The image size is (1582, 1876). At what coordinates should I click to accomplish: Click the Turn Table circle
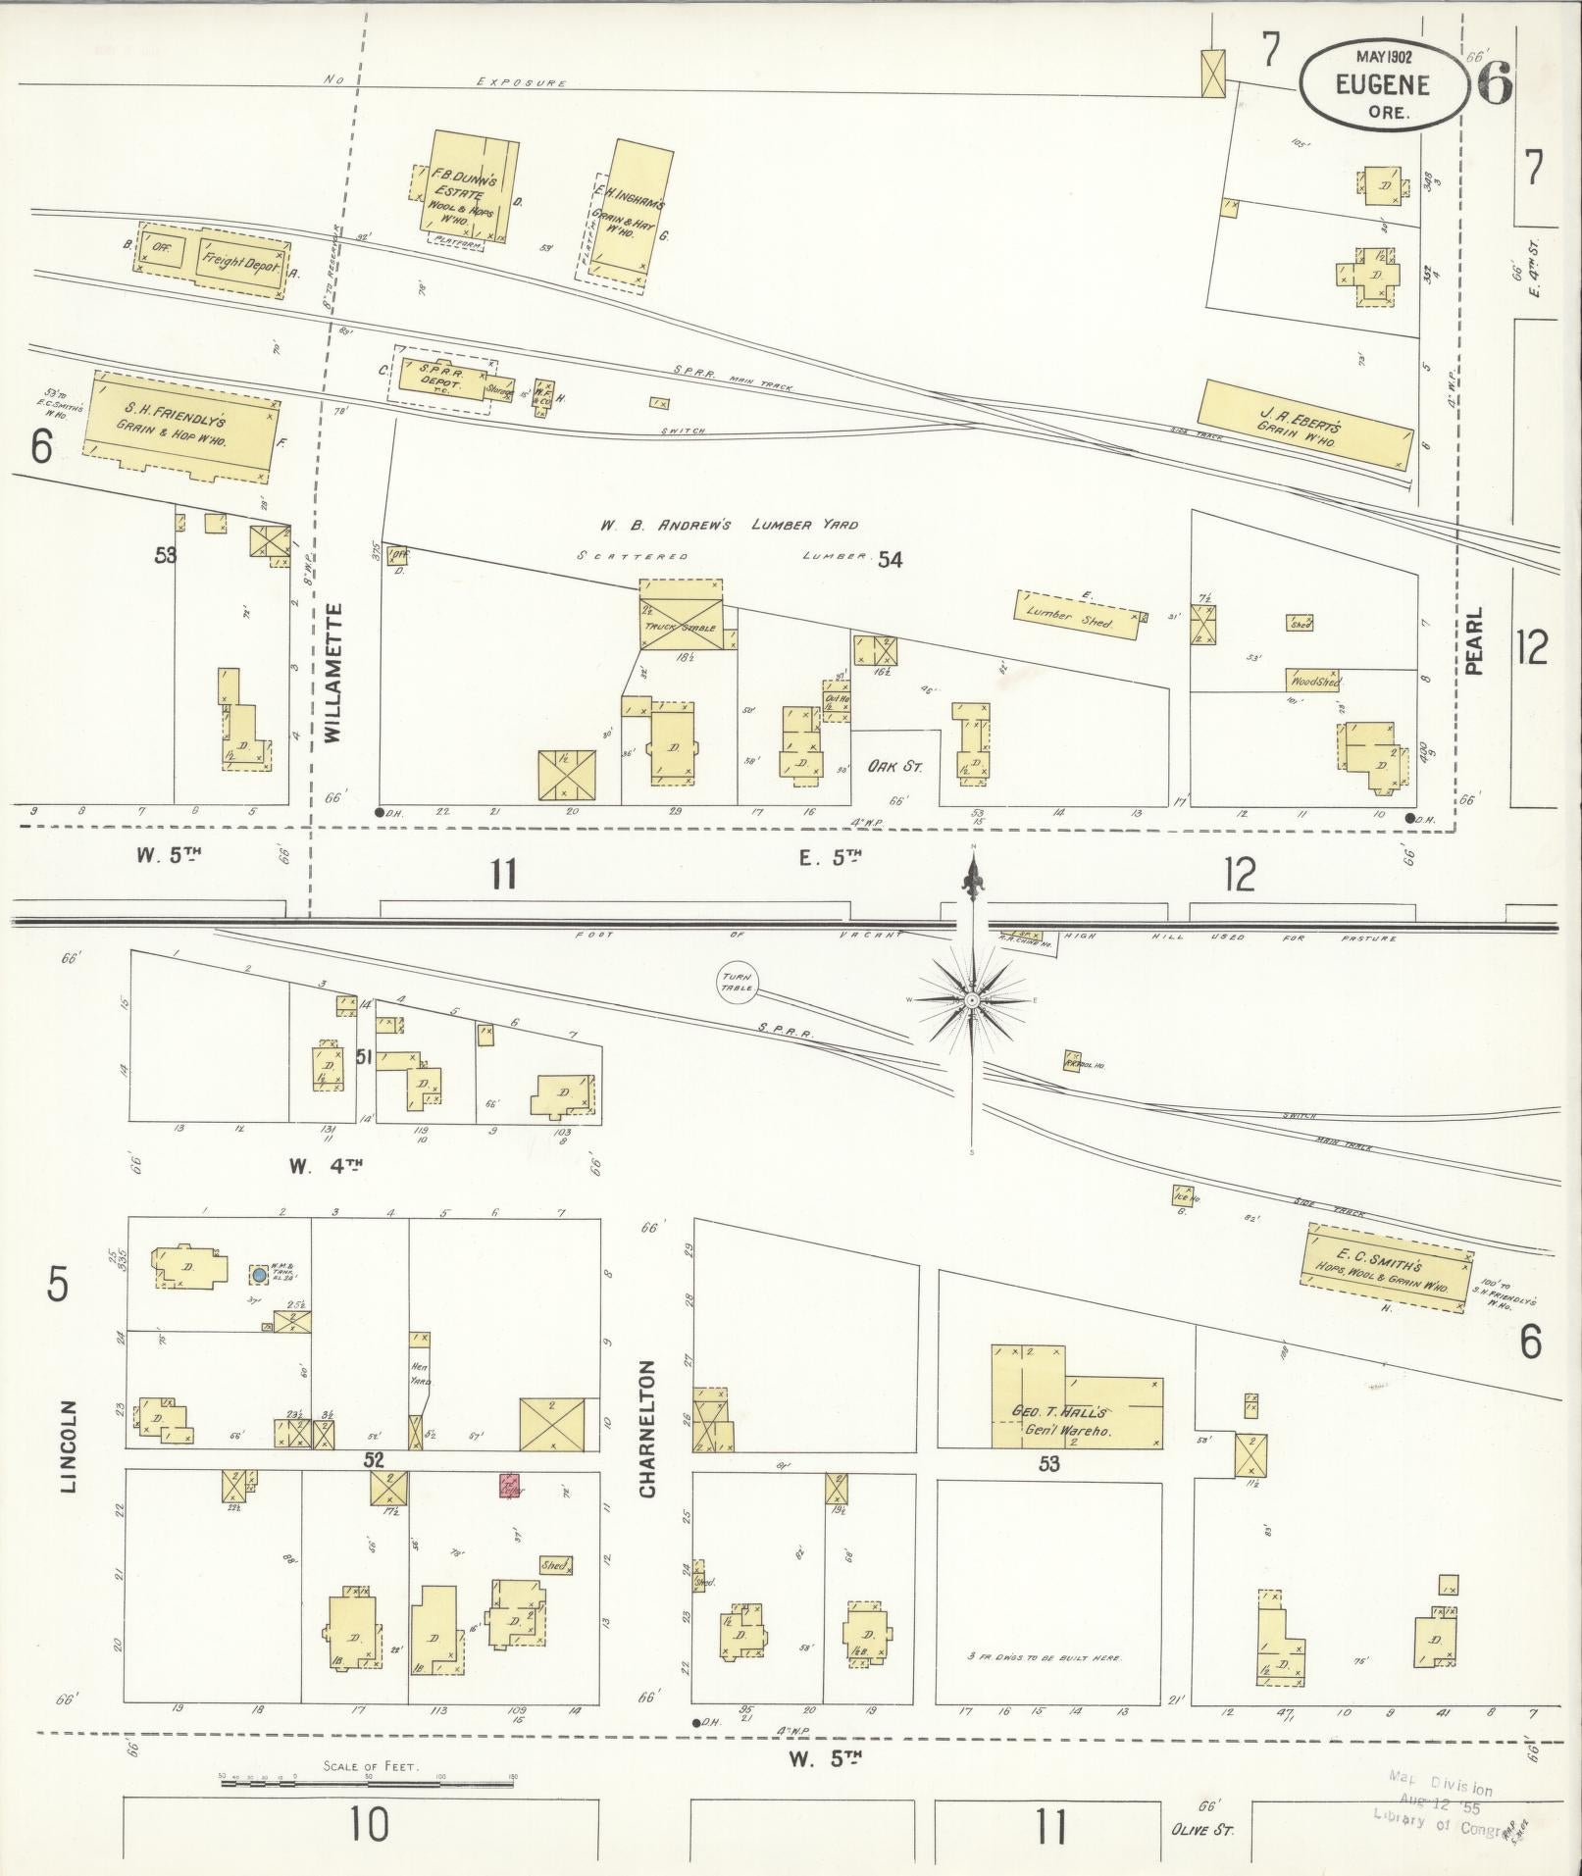738,982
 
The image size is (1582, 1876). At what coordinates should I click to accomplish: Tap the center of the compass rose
972,999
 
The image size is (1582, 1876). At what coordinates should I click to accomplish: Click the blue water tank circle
259,1275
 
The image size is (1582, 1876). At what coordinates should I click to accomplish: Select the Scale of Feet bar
368,1781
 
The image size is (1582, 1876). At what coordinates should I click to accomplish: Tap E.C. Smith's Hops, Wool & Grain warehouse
1387,1271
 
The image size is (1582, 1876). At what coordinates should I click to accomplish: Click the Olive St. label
1201,1830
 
